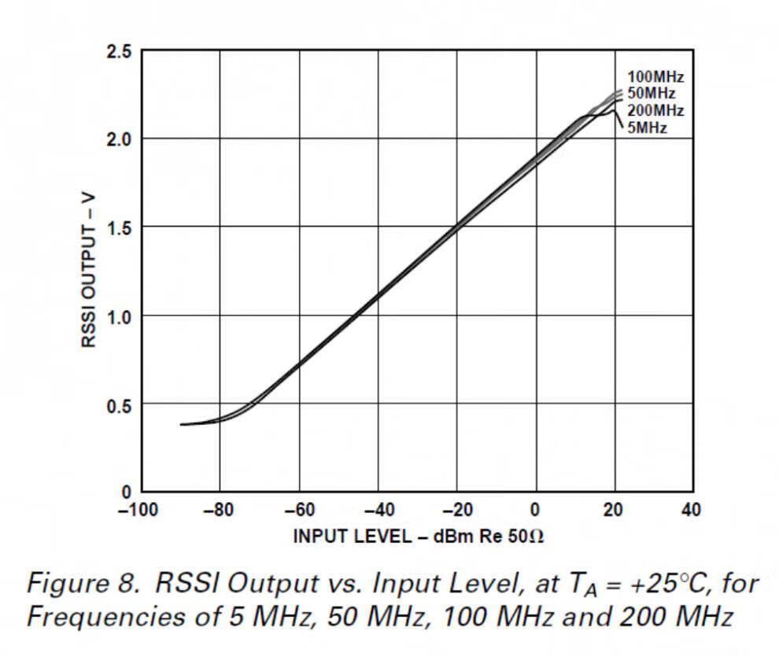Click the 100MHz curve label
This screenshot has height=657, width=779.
tap(655, 77)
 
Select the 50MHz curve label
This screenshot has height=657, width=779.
tap(652, 94)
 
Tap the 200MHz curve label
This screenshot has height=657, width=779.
tap(655, 110)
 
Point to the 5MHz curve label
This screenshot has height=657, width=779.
tap(648, 127)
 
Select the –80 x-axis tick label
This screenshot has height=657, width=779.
tap(218, 511)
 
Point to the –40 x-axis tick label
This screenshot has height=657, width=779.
tap(376, 511)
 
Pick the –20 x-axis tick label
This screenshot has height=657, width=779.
tap(455, 511)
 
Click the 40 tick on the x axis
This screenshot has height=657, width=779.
tap(692, 511)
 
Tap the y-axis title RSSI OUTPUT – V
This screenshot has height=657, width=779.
tap(88, 271)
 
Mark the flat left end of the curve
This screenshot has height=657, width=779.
tap(189, 424)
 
